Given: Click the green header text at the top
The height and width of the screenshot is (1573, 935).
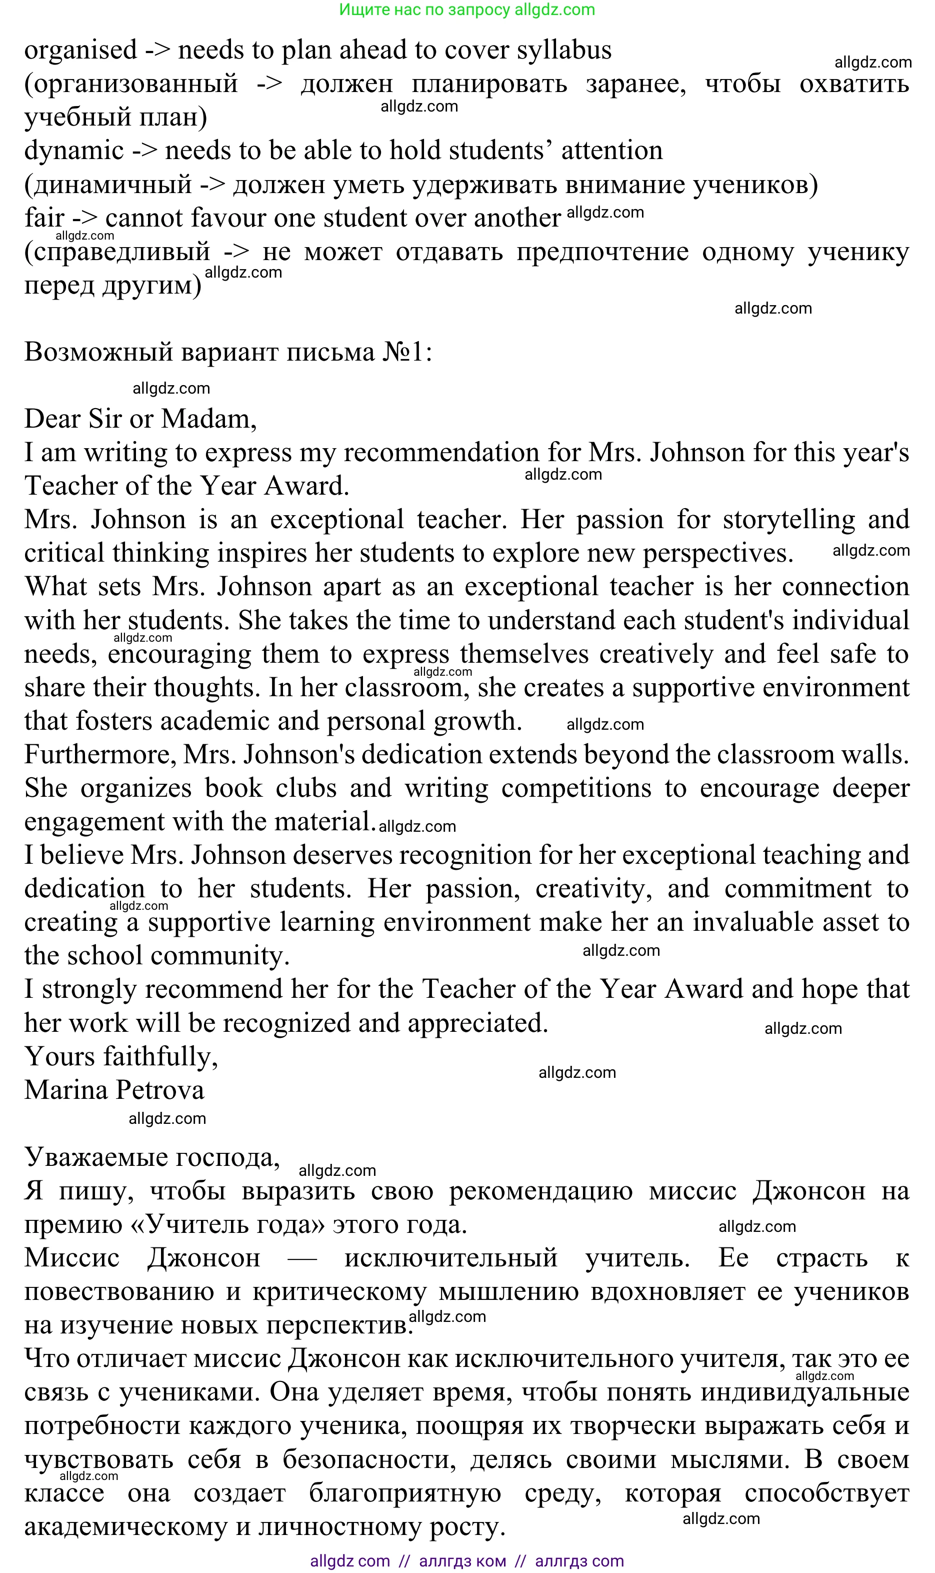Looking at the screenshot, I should tap(467, 10).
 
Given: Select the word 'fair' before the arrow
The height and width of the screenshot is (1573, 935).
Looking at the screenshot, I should tap(44, 218).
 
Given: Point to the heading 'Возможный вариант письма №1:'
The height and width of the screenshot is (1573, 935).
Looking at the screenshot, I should tap(228, 352).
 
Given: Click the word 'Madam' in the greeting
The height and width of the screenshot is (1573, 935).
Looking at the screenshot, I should tap(208, 419).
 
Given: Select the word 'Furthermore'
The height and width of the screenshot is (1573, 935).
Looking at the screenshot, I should tap(100, 755).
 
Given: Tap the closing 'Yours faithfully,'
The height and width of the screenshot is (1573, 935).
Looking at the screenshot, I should tap(121, 1057).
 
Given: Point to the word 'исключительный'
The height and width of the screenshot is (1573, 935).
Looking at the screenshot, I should tap(450, 1258).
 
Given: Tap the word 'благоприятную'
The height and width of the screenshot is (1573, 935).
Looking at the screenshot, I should tap(405, 1493).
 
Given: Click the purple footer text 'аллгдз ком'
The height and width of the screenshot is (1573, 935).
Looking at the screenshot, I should tap(462, 1561).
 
